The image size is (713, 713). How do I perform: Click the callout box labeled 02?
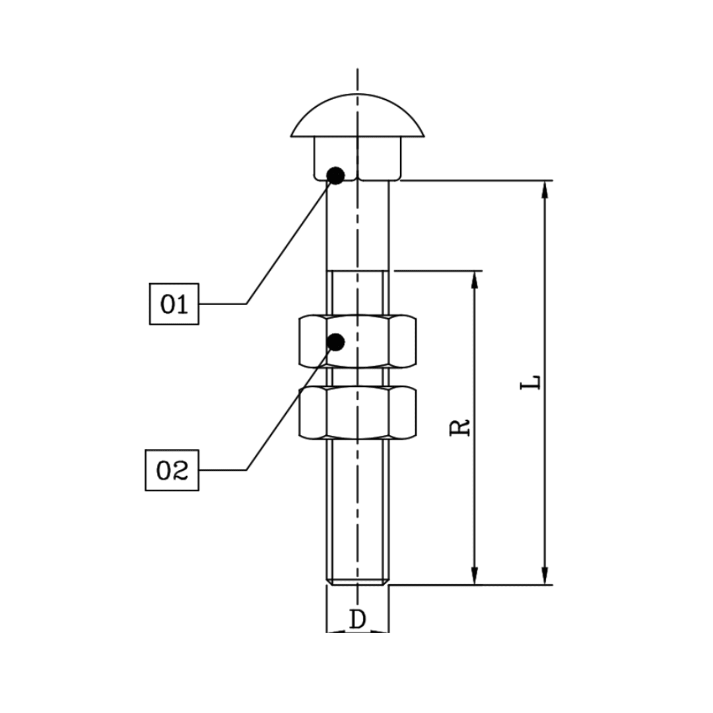click(x=172, y=470)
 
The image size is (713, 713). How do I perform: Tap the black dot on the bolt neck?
click(x=336, y=176)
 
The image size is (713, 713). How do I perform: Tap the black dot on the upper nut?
click(x=336, y=342)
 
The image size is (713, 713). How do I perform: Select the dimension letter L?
click(x=531, y=382)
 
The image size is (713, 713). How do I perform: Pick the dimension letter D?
click(x=357, y=619)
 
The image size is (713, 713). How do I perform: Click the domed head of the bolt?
click(x=357, y=116)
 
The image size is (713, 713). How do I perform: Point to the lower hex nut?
click(x=357, y=413)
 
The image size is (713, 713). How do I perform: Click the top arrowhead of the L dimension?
click(x=545, y=189)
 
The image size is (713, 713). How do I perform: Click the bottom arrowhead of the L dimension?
click(x=545, y=576)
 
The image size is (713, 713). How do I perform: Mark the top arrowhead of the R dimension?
click(x=473, y=279)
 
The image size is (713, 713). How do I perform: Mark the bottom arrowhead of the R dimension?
click(x=473, y=576)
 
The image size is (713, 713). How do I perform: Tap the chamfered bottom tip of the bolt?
click(x=357, y=581)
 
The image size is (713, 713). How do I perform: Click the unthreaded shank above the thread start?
click(x=357, y=224)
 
